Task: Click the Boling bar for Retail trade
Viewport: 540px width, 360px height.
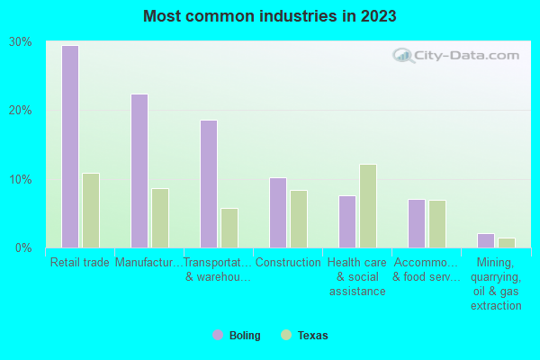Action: pyautogui.click(x=70, y=147)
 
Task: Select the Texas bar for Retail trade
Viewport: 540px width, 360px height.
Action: pyautogui.click(x=91, y=211)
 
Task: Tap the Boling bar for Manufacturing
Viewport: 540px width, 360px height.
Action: pyautogui.click(x=139, y=171)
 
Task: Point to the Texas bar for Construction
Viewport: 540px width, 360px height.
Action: pyautogui.click(x=299, y=219)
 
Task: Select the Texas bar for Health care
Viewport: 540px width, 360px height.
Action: pyautogui.click(x=368, y=206)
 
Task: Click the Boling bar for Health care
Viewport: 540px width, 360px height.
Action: pyautogui.click(x=347, y=221)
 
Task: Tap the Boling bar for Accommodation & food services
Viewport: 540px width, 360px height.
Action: pyautogui.click(x=417, y=223)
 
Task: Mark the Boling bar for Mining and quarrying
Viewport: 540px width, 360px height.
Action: pyautogui.click(x=486, y=240)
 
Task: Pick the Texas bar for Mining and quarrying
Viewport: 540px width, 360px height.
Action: pyautogui.click(x=507, y=243)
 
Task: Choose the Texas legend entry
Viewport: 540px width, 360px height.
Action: pyautogui.click(x=305, y=336)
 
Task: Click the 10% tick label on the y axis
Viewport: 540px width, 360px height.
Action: pyautogui.click(x=20, y=179)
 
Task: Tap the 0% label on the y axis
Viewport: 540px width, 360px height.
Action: pyautogui.click(x=23, y=247)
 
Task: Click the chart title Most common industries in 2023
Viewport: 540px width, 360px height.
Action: pyautogui.click(x=269, y=16)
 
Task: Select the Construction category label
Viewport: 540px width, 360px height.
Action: pyautogui.click(x=288, y=263)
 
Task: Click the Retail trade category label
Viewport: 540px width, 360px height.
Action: pyautogui.click(x=80, y=263)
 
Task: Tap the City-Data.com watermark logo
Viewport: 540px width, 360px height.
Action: pyautogui.click(x=454, y=56)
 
